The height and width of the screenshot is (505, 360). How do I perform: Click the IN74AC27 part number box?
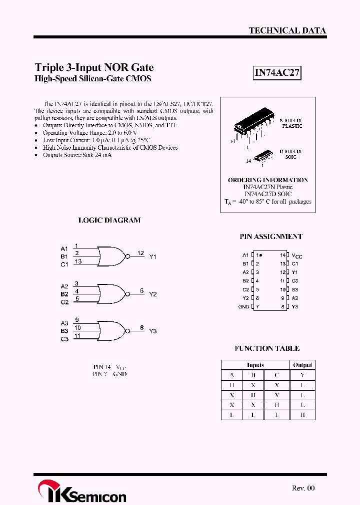(277, 73)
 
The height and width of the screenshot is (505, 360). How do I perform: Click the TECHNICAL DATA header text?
(287, 30)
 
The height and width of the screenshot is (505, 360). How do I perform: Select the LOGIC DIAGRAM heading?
(109, 220)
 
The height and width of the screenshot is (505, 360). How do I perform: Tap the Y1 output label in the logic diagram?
(153, 256)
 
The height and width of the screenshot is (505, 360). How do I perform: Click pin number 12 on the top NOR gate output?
(141, 253)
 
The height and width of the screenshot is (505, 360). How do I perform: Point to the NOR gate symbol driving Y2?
(111, 294)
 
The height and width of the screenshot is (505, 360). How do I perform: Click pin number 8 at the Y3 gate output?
(142, 328)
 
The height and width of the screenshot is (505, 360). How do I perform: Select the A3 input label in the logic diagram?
(64, 323)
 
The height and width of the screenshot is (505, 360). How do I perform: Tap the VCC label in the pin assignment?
(297, 255)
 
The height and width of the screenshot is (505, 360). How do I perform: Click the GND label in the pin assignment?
(243, 307)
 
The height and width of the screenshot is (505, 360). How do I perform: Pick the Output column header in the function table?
(302, 365)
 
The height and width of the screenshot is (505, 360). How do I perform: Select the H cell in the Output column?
(302, 415)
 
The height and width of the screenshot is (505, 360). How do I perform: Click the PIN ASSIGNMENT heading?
(271, 237)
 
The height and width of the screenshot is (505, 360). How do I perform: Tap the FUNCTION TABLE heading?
(267, 348)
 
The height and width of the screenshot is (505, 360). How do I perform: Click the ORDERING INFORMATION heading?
(268, 180)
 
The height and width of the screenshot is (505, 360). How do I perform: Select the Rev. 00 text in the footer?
(303, 488)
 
